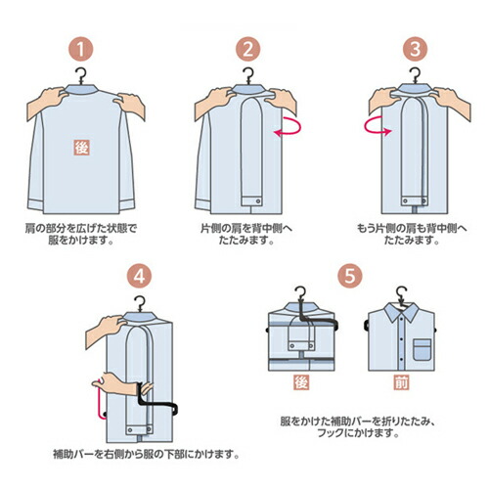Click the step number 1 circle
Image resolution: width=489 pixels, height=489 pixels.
(83, 50)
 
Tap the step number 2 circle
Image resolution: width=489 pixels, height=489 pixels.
(248, 50)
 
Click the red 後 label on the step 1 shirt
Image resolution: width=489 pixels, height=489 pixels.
(83, 147)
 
